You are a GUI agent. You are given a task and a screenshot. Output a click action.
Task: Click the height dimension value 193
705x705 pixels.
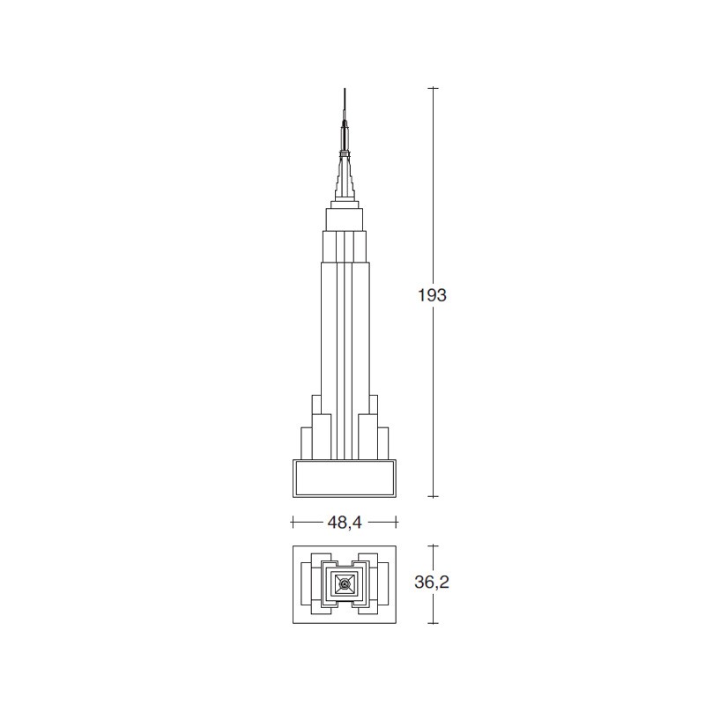coord(432,295)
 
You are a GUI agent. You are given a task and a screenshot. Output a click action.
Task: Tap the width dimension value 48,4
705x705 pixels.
coord(345,523)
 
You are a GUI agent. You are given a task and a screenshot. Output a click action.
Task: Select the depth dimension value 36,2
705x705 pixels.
coord(432,583)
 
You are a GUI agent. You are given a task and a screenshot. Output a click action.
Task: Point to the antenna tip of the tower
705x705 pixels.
coord(345,89)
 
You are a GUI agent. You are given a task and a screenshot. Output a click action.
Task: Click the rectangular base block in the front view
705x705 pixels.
coord(345,479)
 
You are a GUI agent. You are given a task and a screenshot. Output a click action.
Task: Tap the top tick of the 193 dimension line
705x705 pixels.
coord(433,88)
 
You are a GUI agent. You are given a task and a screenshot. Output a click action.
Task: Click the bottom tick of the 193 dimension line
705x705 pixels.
coord(433,497)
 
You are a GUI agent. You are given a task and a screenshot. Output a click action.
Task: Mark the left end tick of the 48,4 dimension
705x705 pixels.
coord(293,522)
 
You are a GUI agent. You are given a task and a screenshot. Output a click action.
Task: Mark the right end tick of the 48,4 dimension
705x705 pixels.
coord(397,522)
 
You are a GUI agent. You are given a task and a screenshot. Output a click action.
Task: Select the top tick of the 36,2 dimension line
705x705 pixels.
coord(433,545)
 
